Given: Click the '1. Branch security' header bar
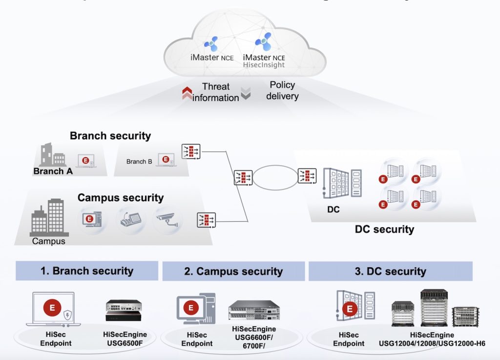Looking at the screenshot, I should tap(87, 271).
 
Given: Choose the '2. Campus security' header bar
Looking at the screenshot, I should tap(233, 271).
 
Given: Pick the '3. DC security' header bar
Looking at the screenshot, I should tap(390, 271).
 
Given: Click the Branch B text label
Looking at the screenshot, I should tap(136, 162).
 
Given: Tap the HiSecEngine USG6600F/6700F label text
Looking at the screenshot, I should tap(252, 337).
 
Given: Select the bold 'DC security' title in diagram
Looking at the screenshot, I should tap(384, 229).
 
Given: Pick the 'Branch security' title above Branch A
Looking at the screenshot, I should tap(110, 135).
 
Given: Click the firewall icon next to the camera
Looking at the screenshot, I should tap(206, 220).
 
